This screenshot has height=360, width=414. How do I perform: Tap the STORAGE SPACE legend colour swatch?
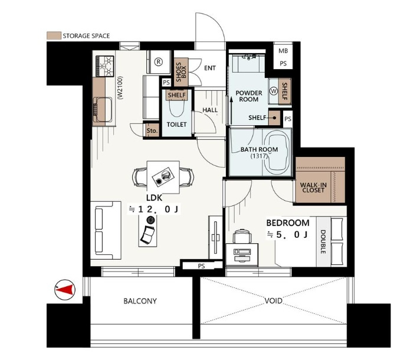[54, 35]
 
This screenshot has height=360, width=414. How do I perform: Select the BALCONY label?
[140, 301]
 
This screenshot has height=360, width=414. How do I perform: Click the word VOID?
[273, 300]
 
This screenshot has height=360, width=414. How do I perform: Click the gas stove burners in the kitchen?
[105, 66]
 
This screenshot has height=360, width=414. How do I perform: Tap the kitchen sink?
[103, 110]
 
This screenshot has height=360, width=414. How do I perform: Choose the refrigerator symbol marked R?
[159, 62]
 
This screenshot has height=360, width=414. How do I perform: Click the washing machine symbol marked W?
[274, 91]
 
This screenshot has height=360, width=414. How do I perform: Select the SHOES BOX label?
[181, 72]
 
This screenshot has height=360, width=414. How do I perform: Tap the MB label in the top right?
[283, 51]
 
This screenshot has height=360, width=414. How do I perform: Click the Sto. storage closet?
[152, 130]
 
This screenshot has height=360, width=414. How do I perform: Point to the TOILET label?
[177, 124]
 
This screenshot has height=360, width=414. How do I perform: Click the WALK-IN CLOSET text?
[313, 188]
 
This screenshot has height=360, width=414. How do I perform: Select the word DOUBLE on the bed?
[323, 242]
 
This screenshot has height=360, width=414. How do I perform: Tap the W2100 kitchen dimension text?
[120, 88]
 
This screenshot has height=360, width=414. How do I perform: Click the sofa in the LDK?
[106, 230]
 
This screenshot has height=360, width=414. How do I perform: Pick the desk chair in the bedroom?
[242, 236]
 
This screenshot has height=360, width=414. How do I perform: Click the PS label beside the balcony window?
[201, 266]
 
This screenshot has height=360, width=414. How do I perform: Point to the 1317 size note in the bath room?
[259, 156]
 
